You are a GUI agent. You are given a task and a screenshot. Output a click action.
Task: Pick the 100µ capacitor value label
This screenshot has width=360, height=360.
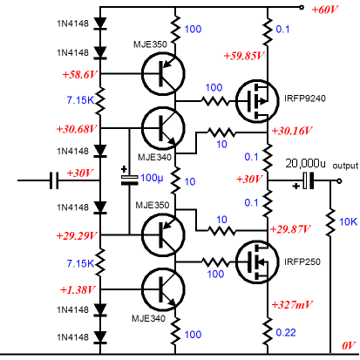151,178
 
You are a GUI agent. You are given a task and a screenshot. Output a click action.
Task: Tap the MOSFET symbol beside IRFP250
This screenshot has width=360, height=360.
255,262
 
